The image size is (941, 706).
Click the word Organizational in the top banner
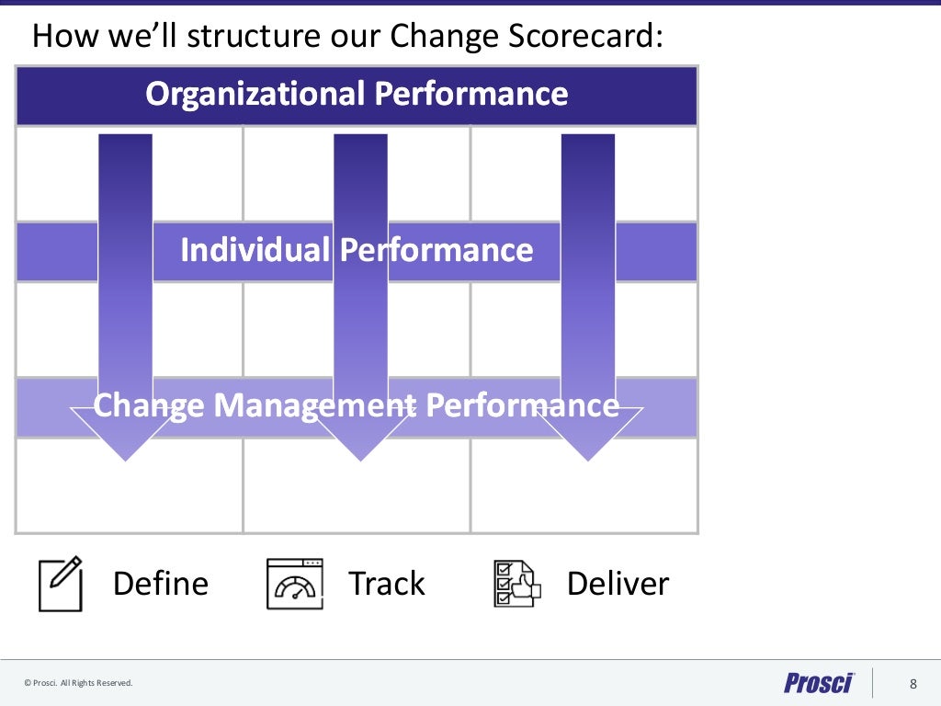tap(255, 94)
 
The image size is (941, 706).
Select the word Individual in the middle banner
tap(255, 250)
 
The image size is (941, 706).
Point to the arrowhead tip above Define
tap(126, 458)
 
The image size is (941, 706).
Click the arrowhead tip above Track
tap(360, 458)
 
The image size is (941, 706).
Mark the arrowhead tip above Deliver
tap(587, 458)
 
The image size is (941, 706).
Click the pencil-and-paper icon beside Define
tap(61, 584)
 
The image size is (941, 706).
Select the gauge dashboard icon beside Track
tap(294, 584)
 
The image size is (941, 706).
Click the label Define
tap(160, 584)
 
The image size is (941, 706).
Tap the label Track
tap(386, 584)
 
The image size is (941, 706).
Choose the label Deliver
tap(618, 584)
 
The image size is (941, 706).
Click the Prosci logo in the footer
tap(819, 683)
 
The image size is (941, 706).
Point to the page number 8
tap(913, 683)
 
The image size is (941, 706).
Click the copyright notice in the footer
tap(78, 683)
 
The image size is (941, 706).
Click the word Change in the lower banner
tap(149, 405)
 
